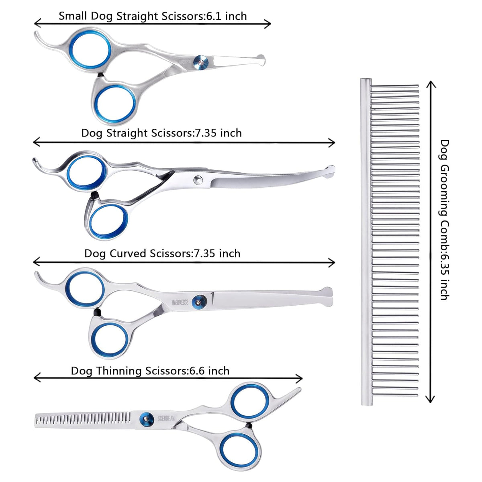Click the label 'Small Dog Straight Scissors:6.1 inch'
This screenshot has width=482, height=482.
pos(153,16)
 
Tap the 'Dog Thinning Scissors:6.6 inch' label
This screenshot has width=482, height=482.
pos(150,371)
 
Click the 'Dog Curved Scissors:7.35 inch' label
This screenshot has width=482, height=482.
pos(162,253)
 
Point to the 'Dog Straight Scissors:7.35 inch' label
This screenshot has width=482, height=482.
pos(161,133)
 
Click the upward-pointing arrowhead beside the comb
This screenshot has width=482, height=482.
pos(431,84)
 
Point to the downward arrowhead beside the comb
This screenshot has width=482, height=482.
pos(430,399)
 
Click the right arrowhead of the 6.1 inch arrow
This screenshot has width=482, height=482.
pos(268,24)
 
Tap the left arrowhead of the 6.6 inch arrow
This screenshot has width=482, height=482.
pos(37,378)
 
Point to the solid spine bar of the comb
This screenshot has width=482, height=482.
pos(365,241)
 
